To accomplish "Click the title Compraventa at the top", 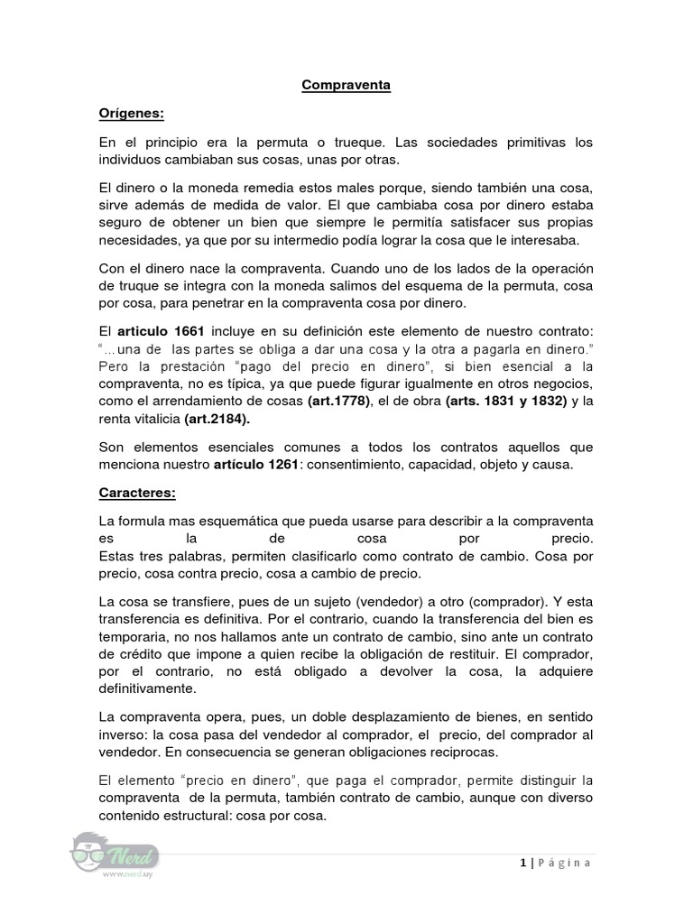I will tap(346, 87).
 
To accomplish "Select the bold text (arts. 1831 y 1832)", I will tap(506, 400).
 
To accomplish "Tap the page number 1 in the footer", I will tap(522, 864).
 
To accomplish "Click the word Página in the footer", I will tap(565, 864).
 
